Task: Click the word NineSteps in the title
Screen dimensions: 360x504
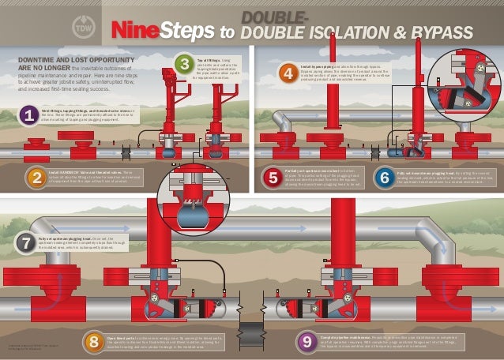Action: (163, 31)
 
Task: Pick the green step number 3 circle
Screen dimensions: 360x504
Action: (182, 63)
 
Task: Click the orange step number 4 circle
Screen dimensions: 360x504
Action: (288, 73)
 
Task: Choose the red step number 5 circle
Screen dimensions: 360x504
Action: (273, 178)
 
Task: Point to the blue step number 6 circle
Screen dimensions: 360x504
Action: (385, 178)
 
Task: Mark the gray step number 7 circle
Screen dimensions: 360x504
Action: (25, 241)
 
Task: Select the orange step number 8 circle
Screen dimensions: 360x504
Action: (95, 341)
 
